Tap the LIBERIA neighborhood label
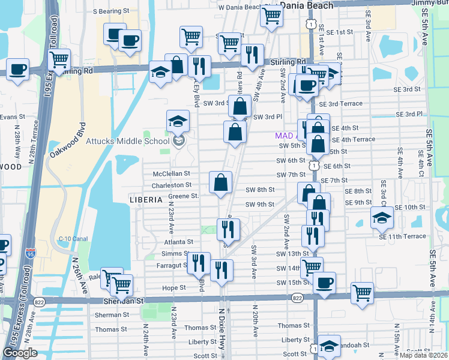click(x=146, y=199)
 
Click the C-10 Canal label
click(x=73, y=239)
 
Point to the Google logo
click(x=20, y=353)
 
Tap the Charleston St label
click(x=171, y=185)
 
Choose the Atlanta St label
click(x=178, y=242)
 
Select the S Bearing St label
click(x=111, y=11)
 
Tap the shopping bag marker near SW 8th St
click(x=221, y=183)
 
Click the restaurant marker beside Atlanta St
click(x=228, y=229)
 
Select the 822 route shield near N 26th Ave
click(x=40, y=302)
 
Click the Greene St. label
click(x=183, y=196)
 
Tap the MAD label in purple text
click(x=283, y=136)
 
